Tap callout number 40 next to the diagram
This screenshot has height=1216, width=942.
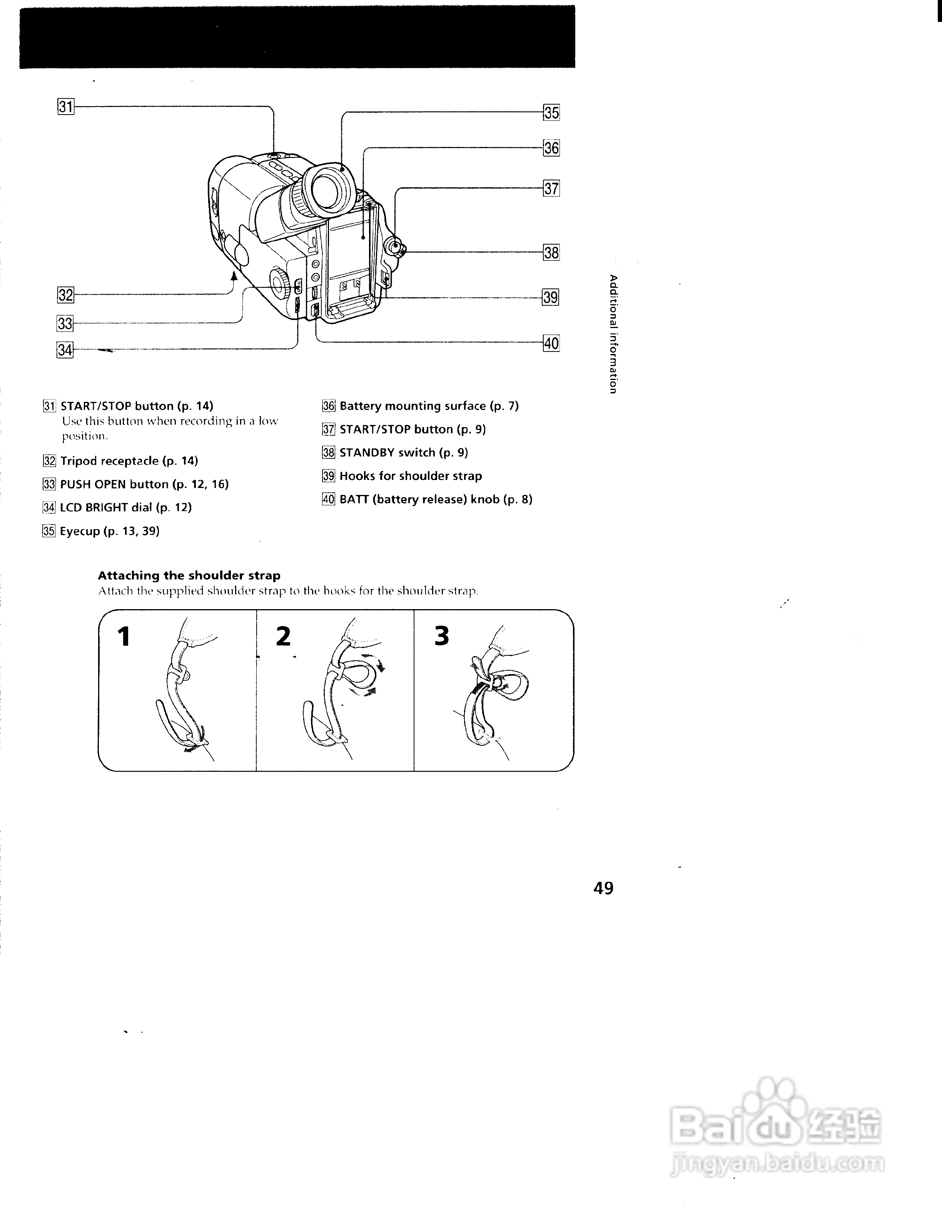tap(551, 343)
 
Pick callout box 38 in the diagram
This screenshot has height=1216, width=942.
tap(551, 252)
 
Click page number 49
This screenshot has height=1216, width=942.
tap(603, 888)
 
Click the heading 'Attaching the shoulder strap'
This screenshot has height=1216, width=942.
tap(189, 575)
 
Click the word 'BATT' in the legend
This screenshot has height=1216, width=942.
tap(354, 500)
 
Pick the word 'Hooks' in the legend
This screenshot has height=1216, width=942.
tap(357, 476)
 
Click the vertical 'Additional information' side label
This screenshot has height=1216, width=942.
tap(613, 334)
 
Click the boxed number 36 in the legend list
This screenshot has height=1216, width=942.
tap(329, 406)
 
